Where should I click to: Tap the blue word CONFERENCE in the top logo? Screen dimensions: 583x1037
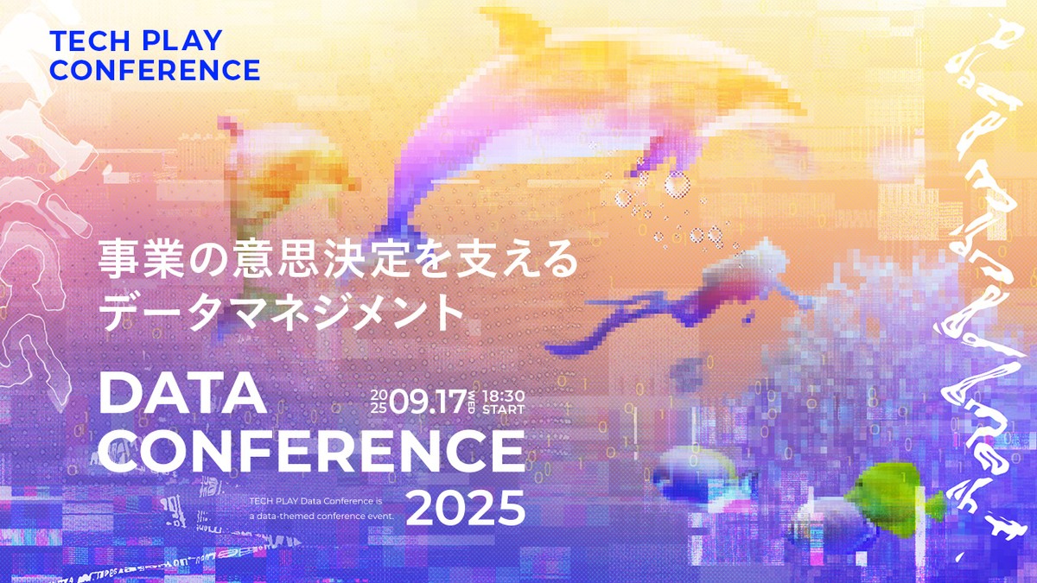pyautogui.click(x=155, y=70)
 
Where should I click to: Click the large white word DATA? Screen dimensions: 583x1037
pyautogui.click(x=182, y=395)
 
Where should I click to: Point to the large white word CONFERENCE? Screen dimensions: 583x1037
pyautogui.click(x=312, y=451)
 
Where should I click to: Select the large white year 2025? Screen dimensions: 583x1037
pyautogui.click(x=466, y=509)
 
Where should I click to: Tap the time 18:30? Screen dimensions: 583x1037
pyautogui.click(x=503, y=395)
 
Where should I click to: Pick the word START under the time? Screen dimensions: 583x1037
pyautogui.click(x=503, y=408)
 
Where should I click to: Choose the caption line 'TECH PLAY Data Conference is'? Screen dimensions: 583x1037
pyautogui.click(x=315, y=500)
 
